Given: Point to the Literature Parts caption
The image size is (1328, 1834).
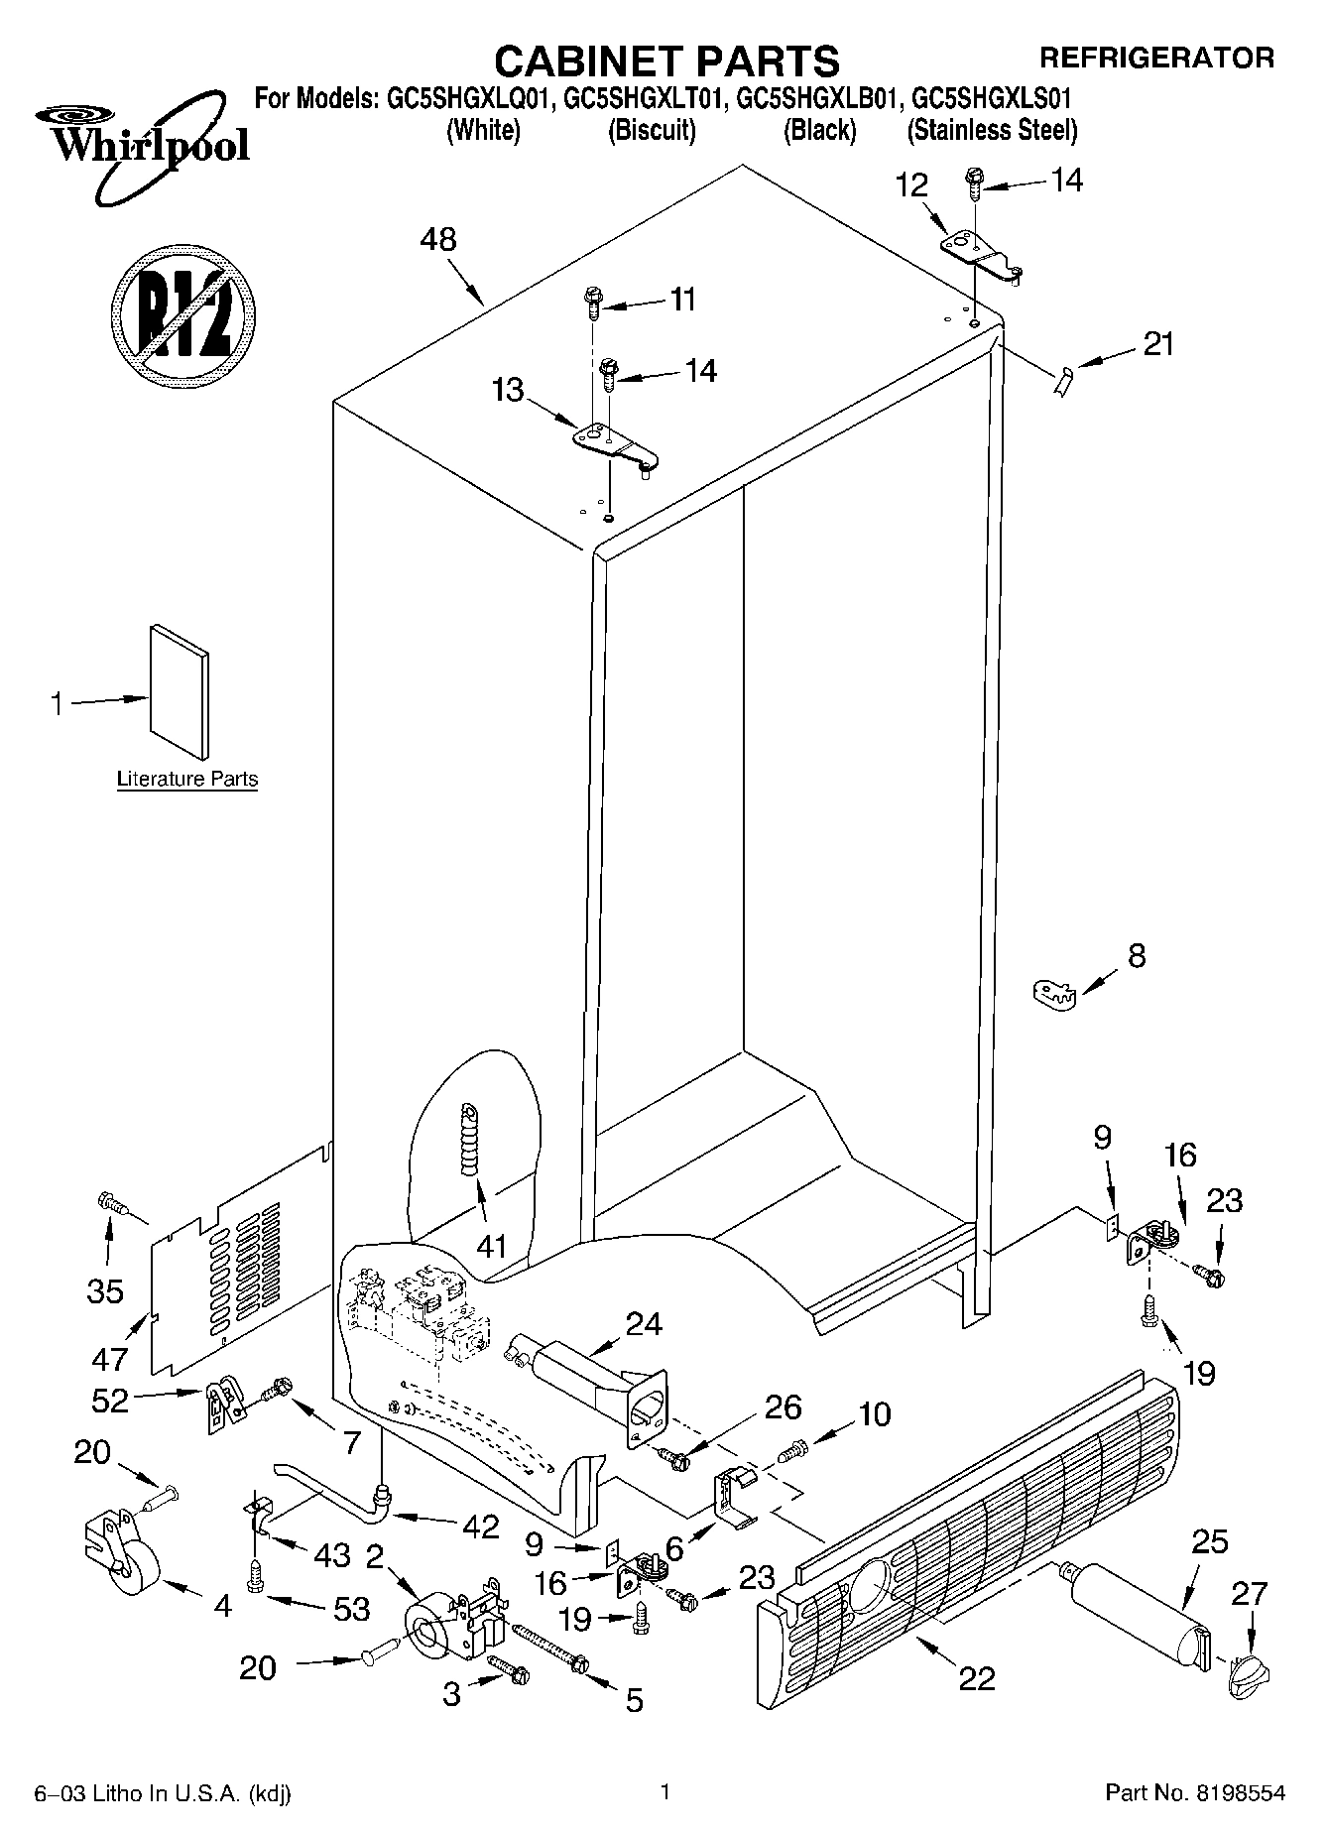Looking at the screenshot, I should (x=187, y=780).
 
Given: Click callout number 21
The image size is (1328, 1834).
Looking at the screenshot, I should (x=1157, y=344).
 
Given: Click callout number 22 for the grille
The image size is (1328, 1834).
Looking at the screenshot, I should (x=977, y=1678).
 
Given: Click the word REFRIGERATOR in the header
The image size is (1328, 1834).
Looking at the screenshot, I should (x=1155, y=58).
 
